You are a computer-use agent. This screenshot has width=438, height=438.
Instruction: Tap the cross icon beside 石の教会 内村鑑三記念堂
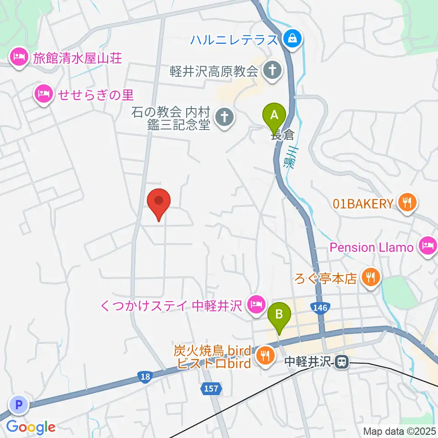[x=224, y=117]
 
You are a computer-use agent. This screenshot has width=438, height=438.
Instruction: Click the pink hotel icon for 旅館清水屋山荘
[x=18, y=58]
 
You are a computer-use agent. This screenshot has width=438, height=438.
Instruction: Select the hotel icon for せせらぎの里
[x=44, y=94]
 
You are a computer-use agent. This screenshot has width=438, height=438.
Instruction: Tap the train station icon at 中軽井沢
[x=340, y=362]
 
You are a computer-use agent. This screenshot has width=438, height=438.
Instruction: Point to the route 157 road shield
[x=211, y=389]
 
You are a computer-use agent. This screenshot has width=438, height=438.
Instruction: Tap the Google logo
[x=31, y=427]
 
